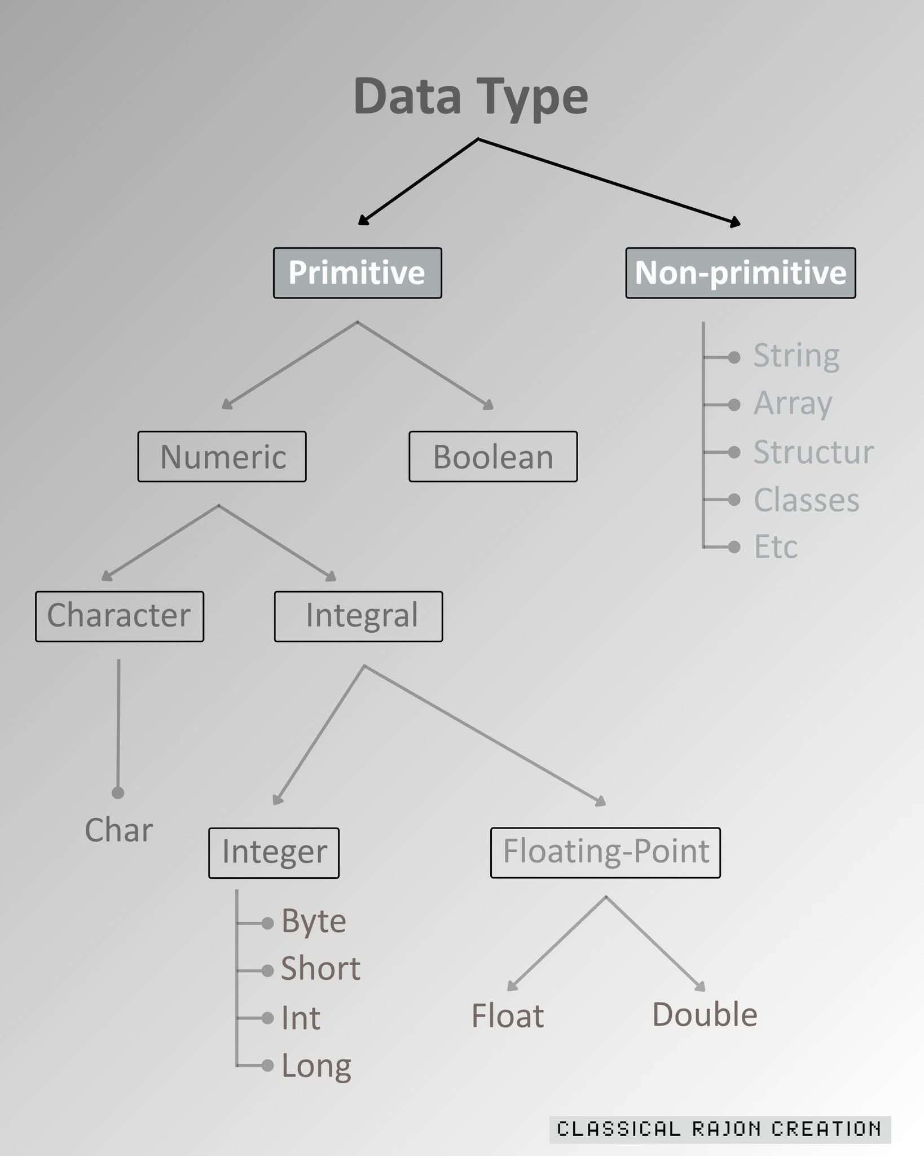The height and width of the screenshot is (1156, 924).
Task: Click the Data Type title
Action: pyautogui.click(x=471, y=97)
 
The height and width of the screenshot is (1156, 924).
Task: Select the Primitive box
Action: pyautogui.click(x=358, y=273)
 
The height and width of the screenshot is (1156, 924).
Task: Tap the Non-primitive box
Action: pyautogui.click(x=741, y=273)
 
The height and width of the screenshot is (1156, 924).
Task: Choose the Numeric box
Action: pyautogui.click(x=222, y=457)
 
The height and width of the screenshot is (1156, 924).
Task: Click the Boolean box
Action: pyautogui.click(x=493, y=457)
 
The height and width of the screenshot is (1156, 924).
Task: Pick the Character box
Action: pyautogui.click(x=120, y=616)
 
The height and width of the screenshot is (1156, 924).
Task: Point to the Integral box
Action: pyautogui.click(x=359, y=616)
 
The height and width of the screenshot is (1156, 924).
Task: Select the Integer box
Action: pyautogui.click(x=274, y=853)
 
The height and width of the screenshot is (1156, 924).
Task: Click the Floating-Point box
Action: pyautogui.click(x=606, y=852)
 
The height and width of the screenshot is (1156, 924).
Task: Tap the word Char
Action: pyautogui.click(x=119, y=830)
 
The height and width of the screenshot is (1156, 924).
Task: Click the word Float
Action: pyautogui.click(x=508, y=1016)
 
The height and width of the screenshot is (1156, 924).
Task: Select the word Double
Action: pyautogui.click(x=705, y=1015)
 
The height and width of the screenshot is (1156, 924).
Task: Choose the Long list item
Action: pyautogui.click(x=316, y=1067)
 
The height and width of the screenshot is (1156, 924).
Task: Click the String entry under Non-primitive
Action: pyautogui.click(x=797, y=357)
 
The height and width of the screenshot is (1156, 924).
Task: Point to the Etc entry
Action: pyautogui.click(x=776, y=547)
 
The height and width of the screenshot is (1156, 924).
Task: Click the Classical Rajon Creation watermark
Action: pyautogui.click(x=720, y=1129)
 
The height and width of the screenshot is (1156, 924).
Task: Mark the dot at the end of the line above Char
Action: pyautogui.click(x=118, y=793)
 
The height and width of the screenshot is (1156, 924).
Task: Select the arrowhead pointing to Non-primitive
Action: pyautogui.click(x=735, y=222)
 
